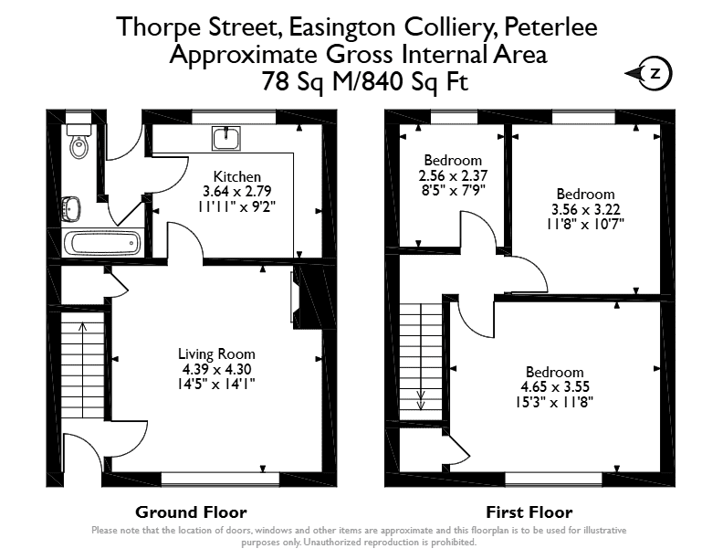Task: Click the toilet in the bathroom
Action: click(79, 141)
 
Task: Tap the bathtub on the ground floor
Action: click(102, 242)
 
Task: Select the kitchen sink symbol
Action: click(226, 138)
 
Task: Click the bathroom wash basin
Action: click(71, 207)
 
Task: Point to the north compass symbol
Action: click(649, 73)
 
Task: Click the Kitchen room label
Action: click(237, 176)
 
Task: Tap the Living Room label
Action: click(216, 354)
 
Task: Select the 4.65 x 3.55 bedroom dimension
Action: click(555, 387)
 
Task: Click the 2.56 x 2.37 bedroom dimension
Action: click(453, 175)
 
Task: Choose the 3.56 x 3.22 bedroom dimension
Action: click(585, 210)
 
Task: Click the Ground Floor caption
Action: click(191, 512)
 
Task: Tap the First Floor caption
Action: click(529, 512)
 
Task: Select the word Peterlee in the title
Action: click(551, 26)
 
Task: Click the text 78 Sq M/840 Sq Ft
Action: click(365, 81)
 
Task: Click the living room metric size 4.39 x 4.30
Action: click(216, 369)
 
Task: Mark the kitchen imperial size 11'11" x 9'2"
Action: click(237, 206)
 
